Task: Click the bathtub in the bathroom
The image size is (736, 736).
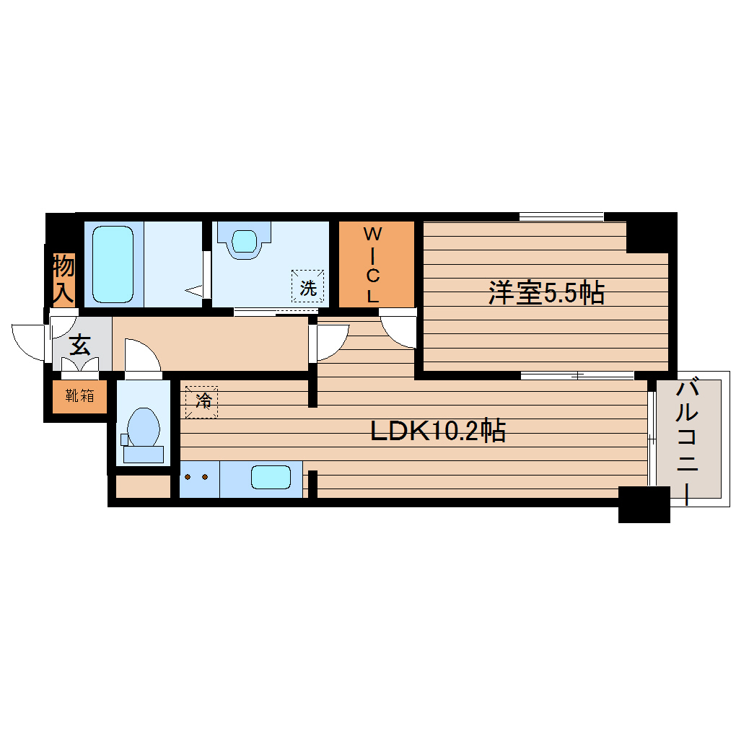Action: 113,264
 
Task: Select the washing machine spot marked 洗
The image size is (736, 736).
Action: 308,287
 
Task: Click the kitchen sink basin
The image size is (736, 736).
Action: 271,478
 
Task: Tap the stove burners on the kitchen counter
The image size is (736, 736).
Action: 196,478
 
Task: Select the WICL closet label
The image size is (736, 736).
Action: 372,264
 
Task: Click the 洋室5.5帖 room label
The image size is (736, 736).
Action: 546,293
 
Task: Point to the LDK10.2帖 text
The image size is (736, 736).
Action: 437,431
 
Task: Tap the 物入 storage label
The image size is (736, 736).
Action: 63,279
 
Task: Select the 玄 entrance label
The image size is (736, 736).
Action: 79,346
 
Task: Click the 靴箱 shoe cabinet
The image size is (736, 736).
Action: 79,395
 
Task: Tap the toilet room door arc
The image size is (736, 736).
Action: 142,356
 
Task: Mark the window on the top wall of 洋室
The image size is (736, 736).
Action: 561,216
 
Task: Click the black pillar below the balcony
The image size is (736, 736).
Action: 644,504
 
